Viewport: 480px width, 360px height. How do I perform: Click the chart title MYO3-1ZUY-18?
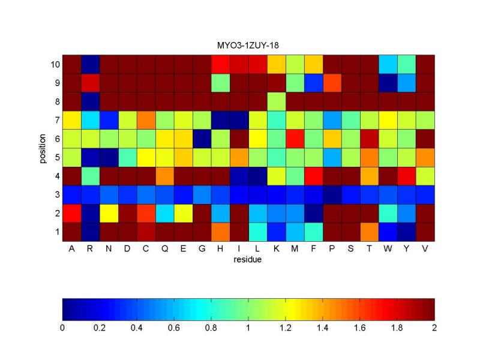click(x=248, y=46)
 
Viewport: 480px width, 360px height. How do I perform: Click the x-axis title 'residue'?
click(x=248, y=260)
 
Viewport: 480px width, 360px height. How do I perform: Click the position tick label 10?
click(x=53, y=64)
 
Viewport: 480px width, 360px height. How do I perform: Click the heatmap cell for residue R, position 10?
click(x=90, y=64)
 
